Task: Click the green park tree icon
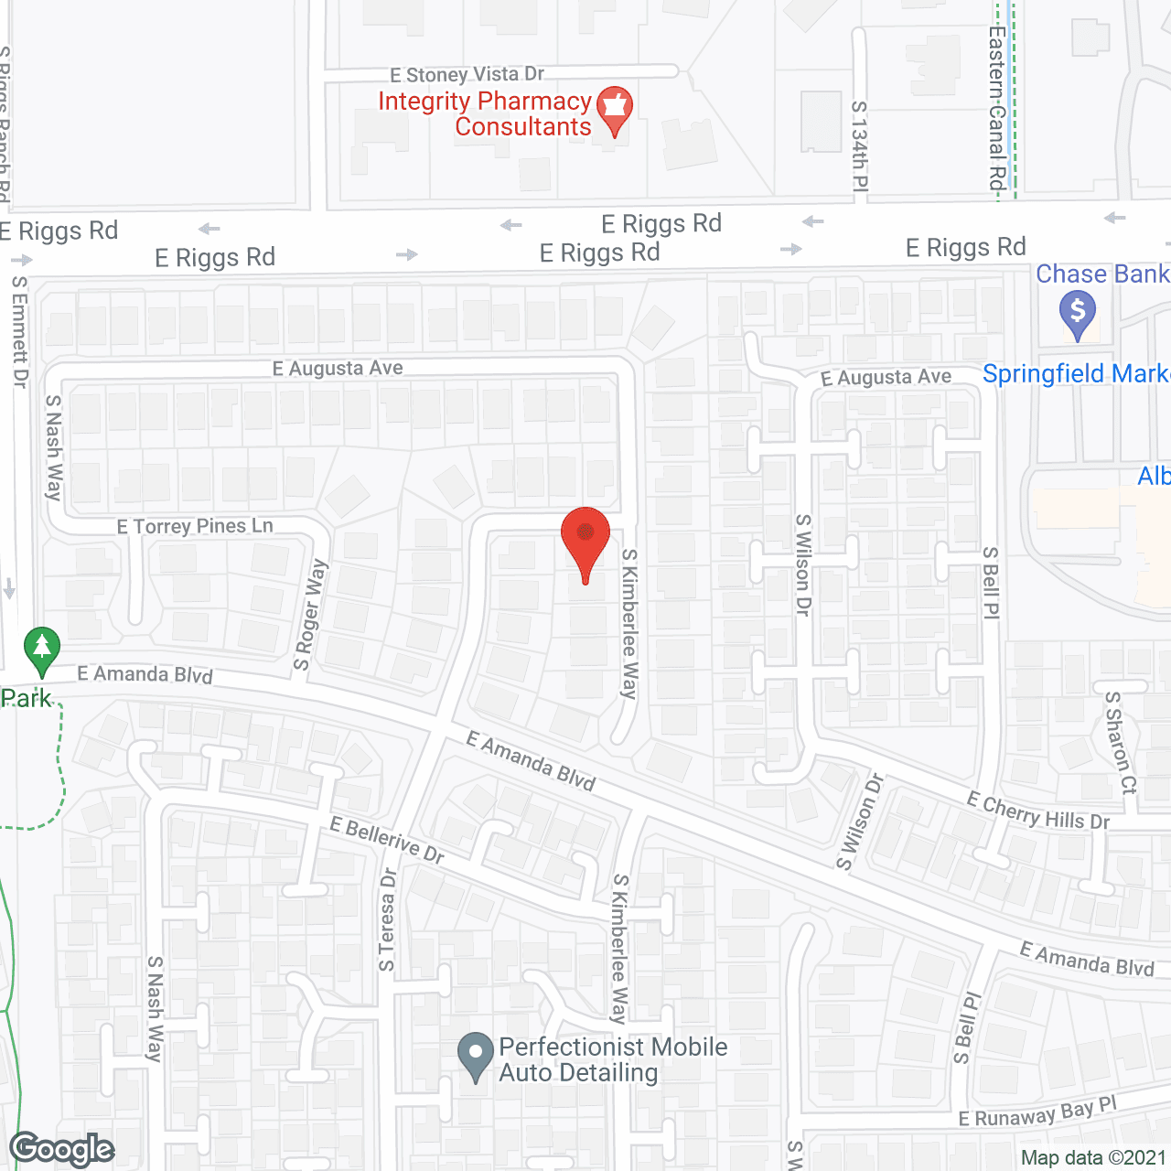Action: coord(41,650)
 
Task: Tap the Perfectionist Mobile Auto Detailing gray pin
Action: coord(475,1056)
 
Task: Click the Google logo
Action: coord(62,1149)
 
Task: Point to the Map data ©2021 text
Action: coord(1093,1157)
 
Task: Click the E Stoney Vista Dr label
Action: coord(467,74)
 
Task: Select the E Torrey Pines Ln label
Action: coord(195,526)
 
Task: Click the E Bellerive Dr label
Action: coord(387,840)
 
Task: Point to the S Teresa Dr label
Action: coord(388,919)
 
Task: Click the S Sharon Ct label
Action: coord(1121,742)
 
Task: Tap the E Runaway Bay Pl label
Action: coord(1037,1112)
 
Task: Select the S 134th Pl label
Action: coord(859,145)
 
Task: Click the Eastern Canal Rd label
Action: coord(997,108)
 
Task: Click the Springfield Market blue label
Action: coord(1076,373)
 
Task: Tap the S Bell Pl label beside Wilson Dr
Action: coord(991,583)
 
